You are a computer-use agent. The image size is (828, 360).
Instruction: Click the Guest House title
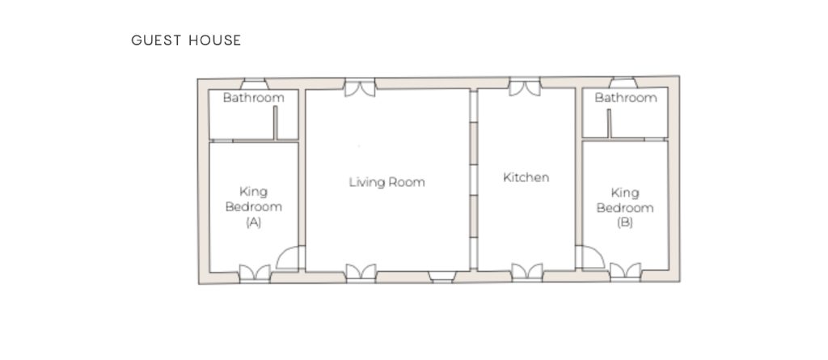186,40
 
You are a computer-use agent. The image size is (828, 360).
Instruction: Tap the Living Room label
387,182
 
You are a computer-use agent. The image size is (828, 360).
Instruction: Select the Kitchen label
526,178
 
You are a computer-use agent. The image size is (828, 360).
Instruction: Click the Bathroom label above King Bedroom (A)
253,98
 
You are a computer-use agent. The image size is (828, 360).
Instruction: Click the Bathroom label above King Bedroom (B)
626,98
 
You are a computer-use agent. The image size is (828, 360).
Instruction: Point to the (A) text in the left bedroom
253,222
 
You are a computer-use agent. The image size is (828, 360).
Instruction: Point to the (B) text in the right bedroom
625,222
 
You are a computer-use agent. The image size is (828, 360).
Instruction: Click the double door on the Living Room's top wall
360,87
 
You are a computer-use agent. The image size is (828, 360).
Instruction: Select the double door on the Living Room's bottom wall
361,273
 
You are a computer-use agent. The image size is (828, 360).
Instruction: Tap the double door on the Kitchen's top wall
525,87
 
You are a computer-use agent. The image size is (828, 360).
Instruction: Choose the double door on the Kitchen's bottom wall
527,272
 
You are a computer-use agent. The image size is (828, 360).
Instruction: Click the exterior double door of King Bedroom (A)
255,273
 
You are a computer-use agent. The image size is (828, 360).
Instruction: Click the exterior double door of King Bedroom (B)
625,271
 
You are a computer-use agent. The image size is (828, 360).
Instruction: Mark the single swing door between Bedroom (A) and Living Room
290,258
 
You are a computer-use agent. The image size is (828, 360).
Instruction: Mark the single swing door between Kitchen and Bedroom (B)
589,257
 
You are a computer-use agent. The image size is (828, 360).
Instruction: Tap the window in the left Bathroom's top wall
254,84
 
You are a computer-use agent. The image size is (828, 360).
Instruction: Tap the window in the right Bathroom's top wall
623,83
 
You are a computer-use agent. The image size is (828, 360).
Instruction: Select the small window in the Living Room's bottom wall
442,277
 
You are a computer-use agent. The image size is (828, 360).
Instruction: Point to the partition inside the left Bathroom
275,123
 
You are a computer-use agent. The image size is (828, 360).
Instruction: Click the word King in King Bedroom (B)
625,193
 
